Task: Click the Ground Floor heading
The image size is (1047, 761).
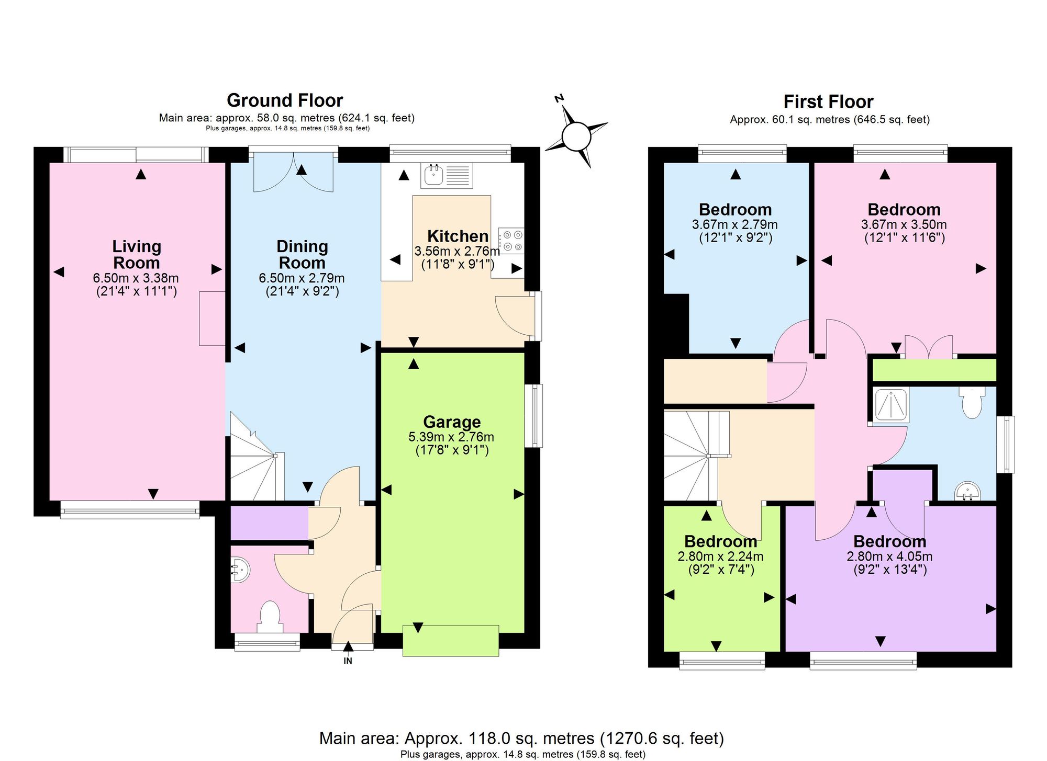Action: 285,100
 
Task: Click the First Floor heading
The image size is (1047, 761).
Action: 828,101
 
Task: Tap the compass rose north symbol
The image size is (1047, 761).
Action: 576,137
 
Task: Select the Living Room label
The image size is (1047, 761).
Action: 137,254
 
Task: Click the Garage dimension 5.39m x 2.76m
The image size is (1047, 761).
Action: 451,437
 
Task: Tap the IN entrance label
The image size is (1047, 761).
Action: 348,661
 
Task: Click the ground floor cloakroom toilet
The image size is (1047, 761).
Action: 270,617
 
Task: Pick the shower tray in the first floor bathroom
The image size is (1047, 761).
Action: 892,404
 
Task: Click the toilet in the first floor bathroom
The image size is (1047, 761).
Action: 972,403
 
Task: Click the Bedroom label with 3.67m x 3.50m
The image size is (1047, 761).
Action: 904,210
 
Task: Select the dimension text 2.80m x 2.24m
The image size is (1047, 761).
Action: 720,556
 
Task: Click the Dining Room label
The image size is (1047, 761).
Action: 302,254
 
